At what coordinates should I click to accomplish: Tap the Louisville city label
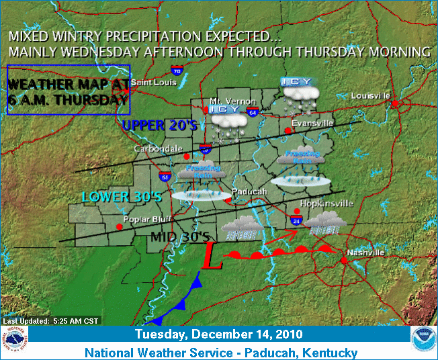(x=370, y=96)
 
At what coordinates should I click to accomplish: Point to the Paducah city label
(x=249, y=191)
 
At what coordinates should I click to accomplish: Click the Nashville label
(x=365, y=253)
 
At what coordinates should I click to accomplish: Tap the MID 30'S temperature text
(x=180, y=237)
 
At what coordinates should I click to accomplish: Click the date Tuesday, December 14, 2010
(x=218, y=334)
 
